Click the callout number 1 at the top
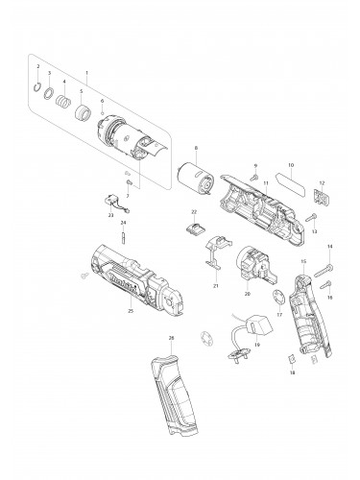[87, 72]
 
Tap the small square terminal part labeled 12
[323, 197]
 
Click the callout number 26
[171, 338]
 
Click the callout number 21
[216, 285]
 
